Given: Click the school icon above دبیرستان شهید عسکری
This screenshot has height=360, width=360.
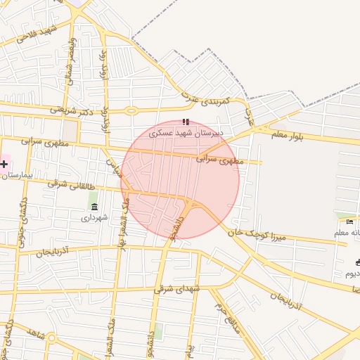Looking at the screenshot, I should [186, 122].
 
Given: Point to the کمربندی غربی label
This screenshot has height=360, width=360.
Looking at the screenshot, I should [202, 102].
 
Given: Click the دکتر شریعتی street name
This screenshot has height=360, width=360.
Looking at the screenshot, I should [71, 110].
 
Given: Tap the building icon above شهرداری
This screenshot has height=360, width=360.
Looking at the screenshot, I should [94, 205].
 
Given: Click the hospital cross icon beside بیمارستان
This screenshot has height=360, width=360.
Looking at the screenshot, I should [4, 165].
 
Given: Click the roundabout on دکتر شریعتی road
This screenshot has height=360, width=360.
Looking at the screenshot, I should [130, 110].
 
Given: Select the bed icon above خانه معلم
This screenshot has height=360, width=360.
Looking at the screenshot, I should [349, 222].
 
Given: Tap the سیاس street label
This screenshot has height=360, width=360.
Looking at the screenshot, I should [112, 167].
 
